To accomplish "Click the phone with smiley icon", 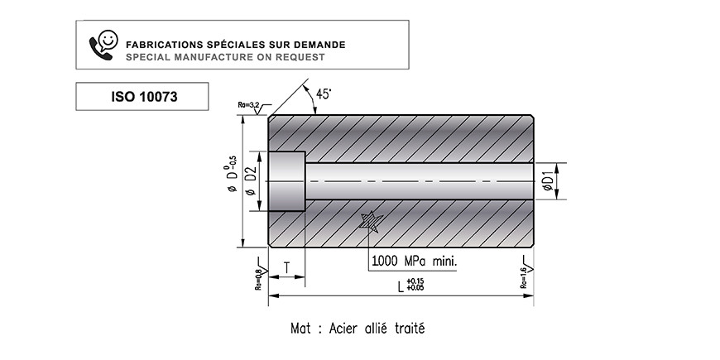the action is [103, 45].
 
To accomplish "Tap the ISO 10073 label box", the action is [142, 97].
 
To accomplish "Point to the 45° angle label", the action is [324, 94].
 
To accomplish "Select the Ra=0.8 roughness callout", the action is [260, 274].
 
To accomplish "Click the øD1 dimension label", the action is [547, 181].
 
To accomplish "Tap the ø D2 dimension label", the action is [251, 181].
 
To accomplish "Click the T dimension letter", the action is [286, 267].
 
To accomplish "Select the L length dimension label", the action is [411, 286].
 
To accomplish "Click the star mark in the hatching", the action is [370, 223].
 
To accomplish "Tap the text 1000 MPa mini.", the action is [414, 262].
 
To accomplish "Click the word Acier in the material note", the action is [344, 329].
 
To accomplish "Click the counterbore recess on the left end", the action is [287, 181].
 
